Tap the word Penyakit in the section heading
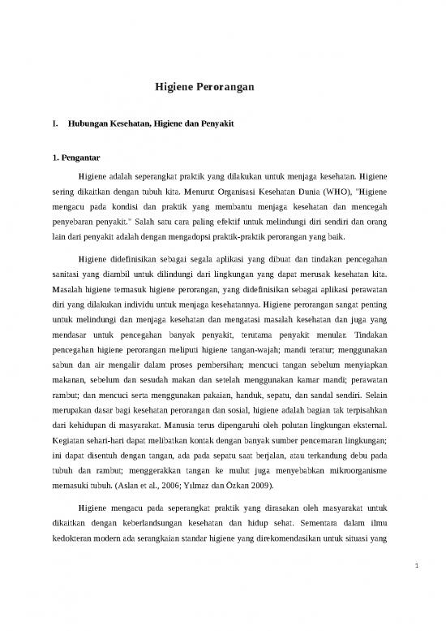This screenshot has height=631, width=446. click(x=237, y=125)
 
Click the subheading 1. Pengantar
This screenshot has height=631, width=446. click(x=77, y=158)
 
